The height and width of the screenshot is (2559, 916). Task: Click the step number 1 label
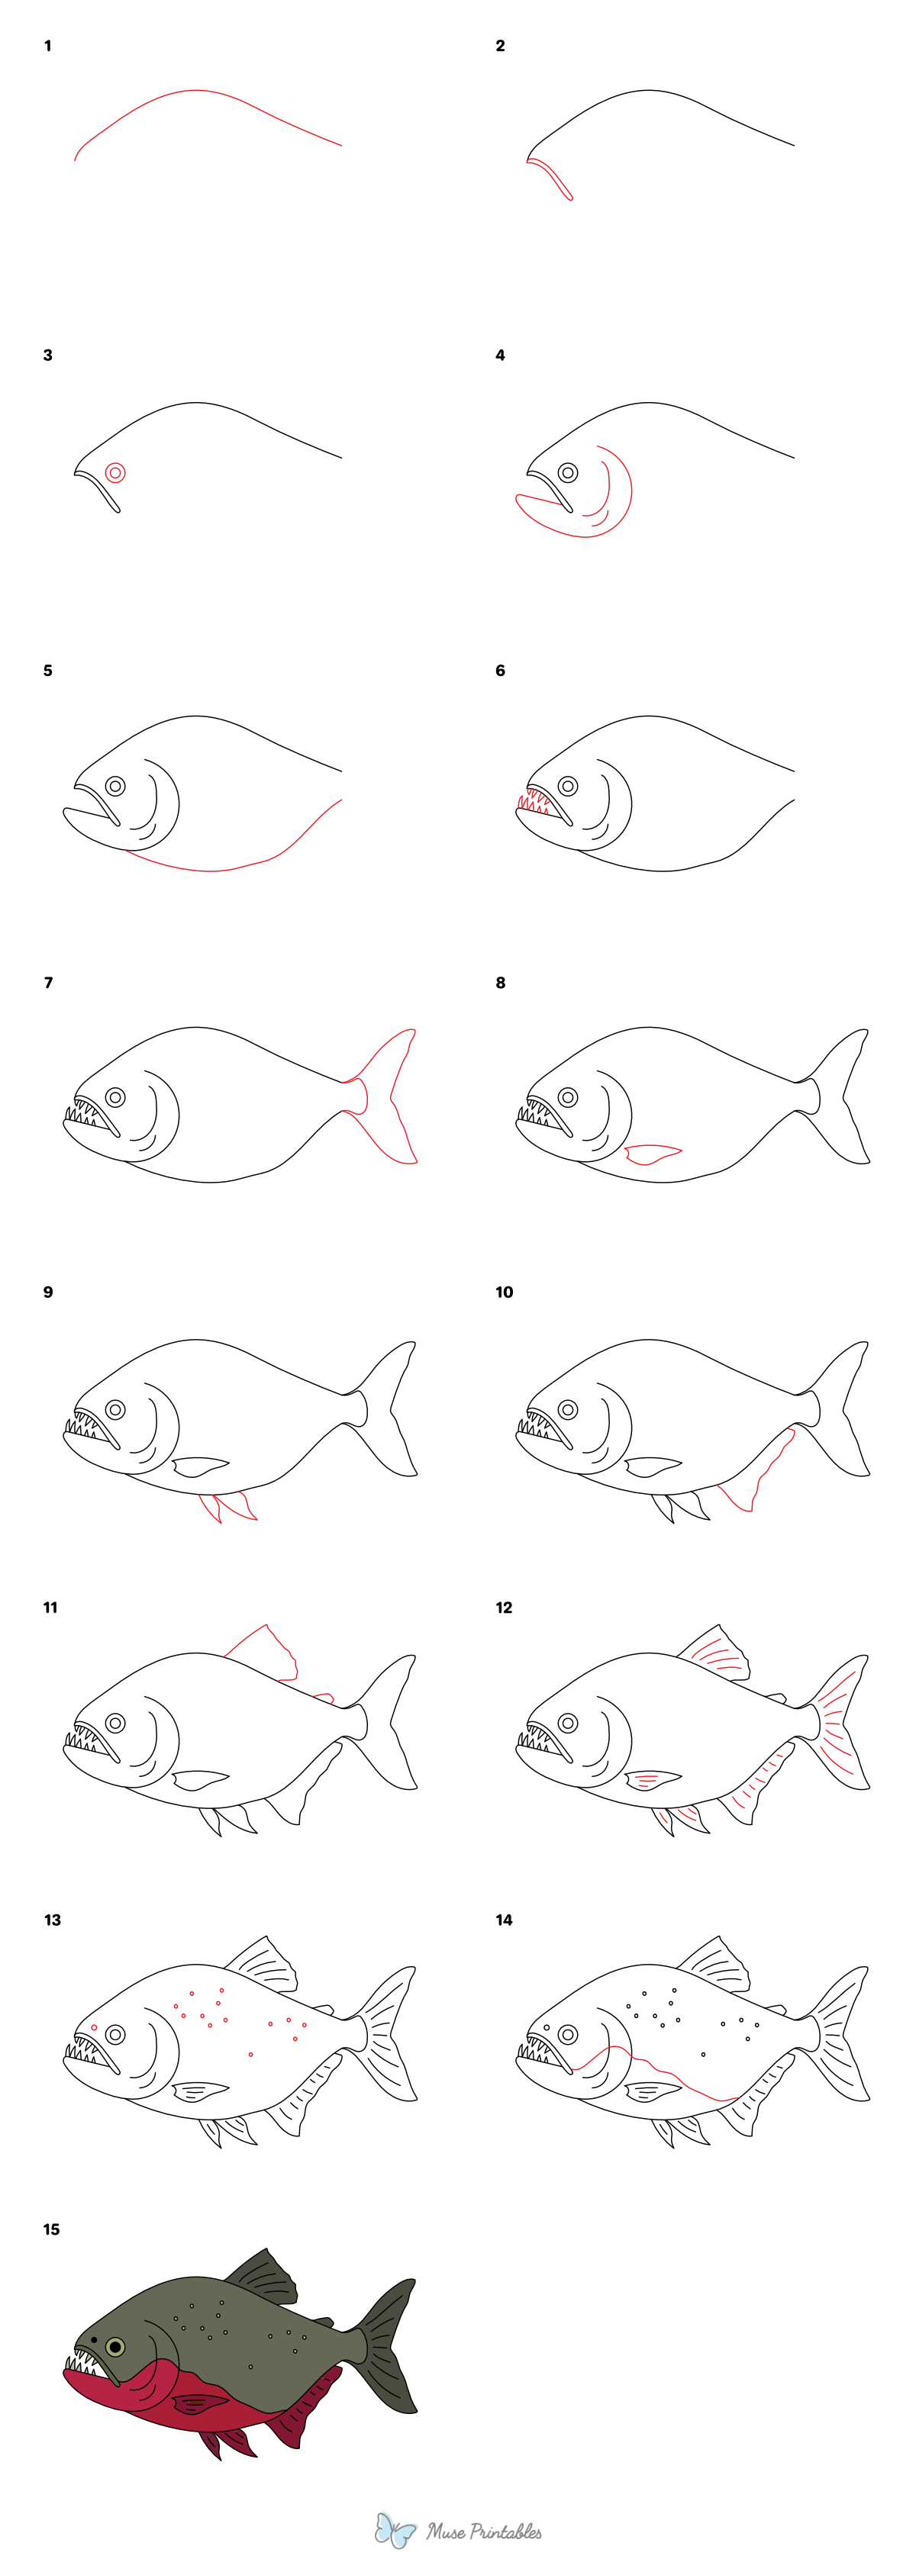[x=47, y=46]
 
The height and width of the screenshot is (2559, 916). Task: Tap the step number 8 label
[x=500, y=983]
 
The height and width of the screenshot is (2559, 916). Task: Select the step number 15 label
[x=50, y=2229]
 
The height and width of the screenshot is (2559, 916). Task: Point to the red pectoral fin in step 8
[x=652, y=1154]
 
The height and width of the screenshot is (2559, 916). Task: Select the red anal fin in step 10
[x=760, y=1475]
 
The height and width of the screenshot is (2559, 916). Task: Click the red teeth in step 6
[x=534, y=802]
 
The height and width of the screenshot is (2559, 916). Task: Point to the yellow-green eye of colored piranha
[x=115, y=2346]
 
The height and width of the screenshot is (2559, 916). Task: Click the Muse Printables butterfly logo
[x=395, y=2530]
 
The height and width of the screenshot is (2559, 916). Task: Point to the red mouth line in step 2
[x=550, y=177]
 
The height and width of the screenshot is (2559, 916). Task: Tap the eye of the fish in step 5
[x=115, y=786]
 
